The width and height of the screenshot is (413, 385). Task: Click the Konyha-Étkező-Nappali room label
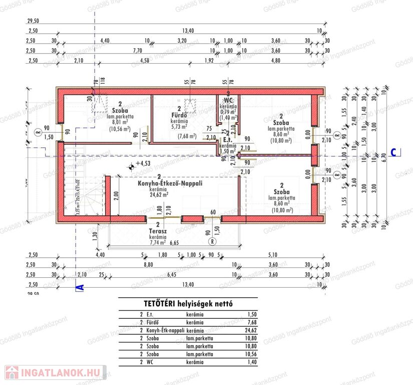tap(170, 183)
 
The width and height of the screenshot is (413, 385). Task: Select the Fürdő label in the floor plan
tap(179, 115)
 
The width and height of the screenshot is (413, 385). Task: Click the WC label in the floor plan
tap(229, 100)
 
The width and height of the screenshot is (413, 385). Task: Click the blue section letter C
tap(393, 153)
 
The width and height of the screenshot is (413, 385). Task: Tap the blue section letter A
tap(79, 287)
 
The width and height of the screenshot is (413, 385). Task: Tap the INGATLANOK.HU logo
tap(55, 372)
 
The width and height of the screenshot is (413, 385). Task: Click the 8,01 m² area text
tap(120, 121)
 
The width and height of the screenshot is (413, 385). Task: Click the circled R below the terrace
tap(213, 241)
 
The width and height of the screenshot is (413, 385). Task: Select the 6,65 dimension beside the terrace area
tap(174, 243)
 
